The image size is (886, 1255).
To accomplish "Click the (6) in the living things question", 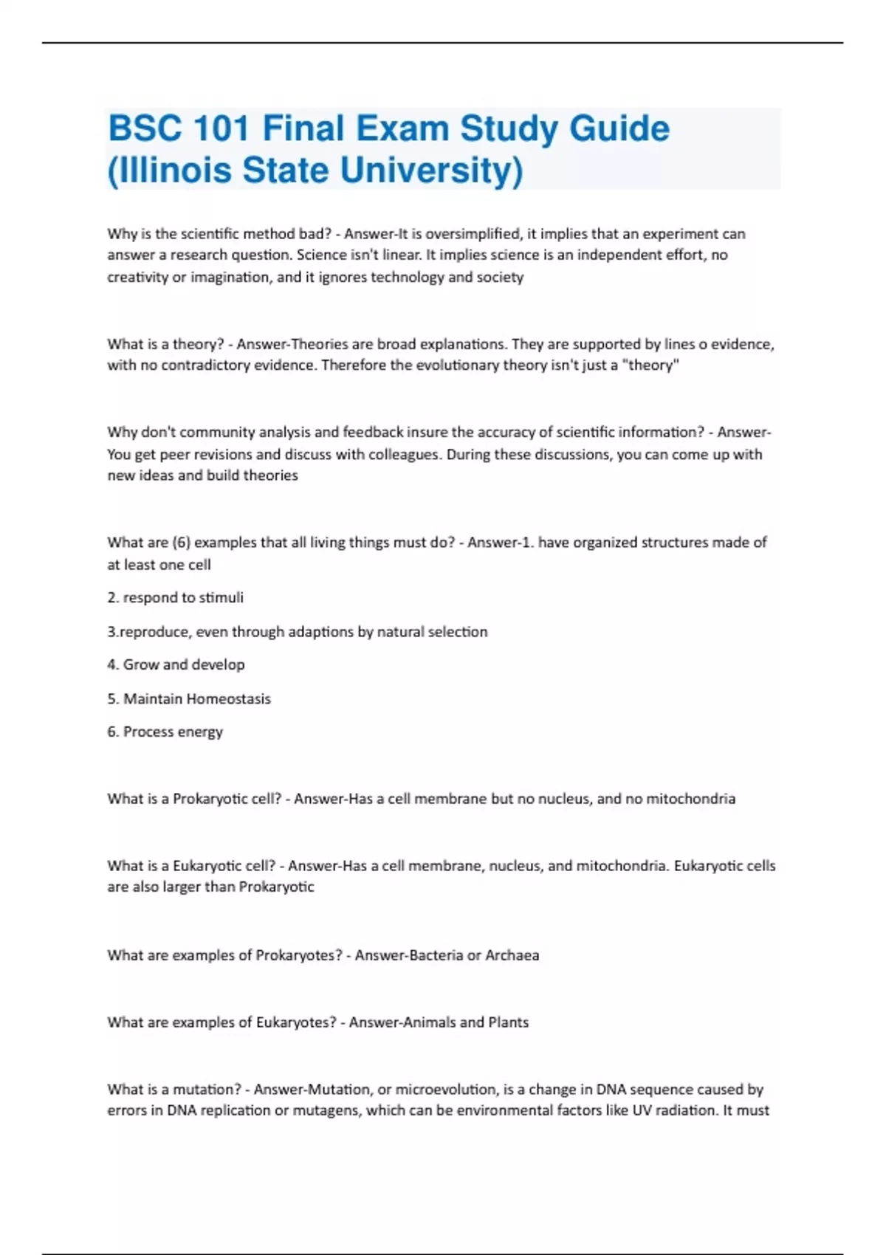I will [181, 543].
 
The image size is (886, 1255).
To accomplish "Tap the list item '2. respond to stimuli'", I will [175, 598].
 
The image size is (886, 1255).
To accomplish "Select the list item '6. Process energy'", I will [165, 732].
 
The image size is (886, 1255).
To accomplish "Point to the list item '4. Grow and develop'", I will [176, 664].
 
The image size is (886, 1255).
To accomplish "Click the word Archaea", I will [512, 955].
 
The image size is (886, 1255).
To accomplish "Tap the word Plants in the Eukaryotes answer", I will [508, 1022].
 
